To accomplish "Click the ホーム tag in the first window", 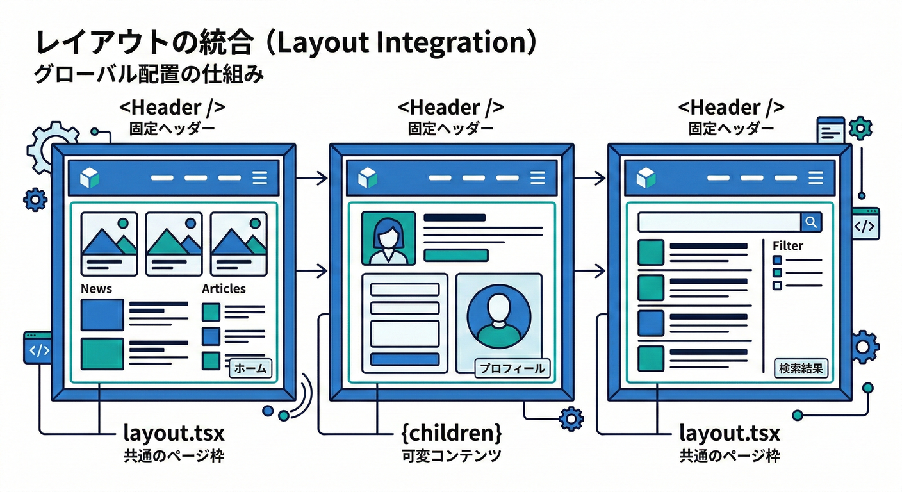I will (250, 368).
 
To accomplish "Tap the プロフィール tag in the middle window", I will (512, 368).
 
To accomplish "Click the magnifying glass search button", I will (811, 222).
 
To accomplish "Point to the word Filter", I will (787, 245).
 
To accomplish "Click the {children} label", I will (451, 433).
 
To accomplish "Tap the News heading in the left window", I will (96, 289).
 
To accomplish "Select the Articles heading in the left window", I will (224, 289).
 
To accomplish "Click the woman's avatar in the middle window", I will (388, 238).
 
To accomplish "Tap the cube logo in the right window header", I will (646, 177).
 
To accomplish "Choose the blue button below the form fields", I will (405, 359).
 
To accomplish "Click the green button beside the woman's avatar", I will (456, 255).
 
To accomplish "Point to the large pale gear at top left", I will (53, 147).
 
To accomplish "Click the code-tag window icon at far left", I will (37, 349).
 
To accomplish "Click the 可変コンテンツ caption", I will (451, 456).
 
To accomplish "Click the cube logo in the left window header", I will (90, 177).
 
